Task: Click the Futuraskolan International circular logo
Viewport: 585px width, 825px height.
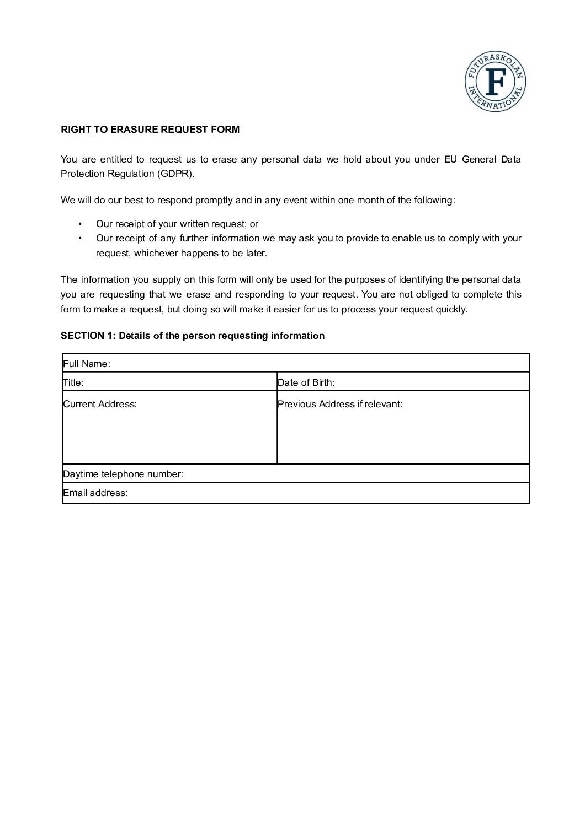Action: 495,82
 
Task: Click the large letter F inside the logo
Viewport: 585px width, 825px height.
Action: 495,82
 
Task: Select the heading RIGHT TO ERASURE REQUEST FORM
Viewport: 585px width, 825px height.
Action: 150,130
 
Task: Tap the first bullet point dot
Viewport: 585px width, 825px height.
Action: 80,224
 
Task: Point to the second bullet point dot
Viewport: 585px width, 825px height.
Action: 80,238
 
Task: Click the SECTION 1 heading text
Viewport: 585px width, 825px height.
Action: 193,336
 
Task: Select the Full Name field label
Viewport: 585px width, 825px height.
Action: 87,364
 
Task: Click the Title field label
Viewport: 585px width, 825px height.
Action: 73,382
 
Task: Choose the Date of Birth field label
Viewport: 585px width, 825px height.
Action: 306,382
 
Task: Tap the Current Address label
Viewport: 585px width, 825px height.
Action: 100,404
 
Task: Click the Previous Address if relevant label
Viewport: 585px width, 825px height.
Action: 340,404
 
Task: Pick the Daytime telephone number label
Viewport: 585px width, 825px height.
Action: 123,474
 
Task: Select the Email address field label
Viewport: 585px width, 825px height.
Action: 95,493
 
